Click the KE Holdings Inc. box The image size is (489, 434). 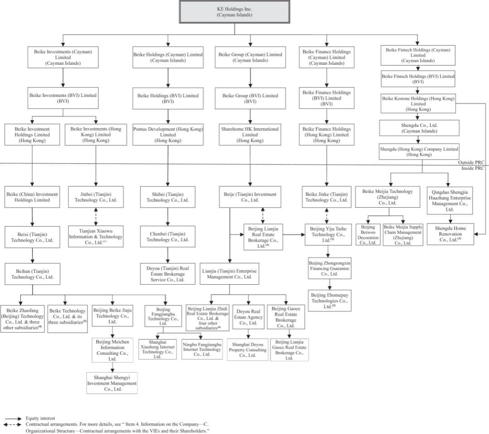click(235, 11)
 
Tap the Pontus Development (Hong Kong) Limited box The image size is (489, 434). click(168, 134)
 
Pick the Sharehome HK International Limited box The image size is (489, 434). click(250, 134)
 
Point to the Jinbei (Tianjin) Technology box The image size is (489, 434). click(96, 197)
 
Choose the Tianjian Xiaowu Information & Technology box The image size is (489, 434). click(96, 236)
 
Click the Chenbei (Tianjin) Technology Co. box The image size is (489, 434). click(168, 236)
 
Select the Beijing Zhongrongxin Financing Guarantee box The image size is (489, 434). click(329, 268)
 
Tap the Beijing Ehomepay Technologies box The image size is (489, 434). click(329, 300)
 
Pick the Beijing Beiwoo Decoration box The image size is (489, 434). click(367, 234)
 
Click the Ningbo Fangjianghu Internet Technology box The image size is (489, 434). click(202, 349)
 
